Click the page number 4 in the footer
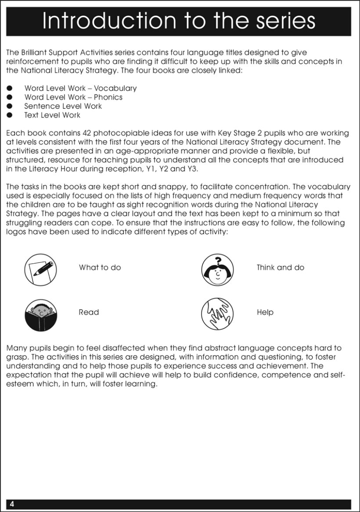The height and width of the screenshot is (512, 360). pos(12,504)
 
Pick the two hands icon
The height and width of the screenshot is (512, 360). pos(217,314)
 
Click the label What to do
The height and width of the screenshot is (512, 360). pos(100,268)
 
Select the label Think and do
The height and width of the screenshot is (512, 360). pos(280,268)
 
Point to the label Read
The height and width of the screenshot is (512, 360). pos(89,312)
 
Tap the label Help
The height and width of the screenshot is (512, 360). pos(265,312)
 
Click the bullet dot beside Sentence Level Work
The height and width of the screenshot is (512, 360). pos(9,106)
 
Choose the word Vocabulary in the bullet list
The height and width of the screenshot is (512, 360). pos(115,88)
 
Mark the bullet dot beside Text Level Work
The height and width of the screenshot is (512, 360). pos(9,115)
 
